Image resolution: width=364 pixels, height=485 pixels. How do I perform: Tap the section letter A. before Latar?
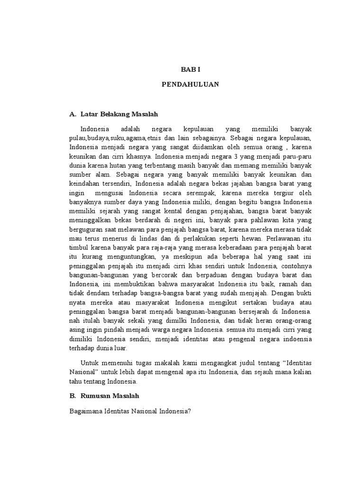pyautogui.click(x=73, y=114)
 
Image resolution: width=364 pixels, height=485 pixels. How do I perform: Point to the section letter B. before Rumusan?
pyautogui.click(x=73, y=395)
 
